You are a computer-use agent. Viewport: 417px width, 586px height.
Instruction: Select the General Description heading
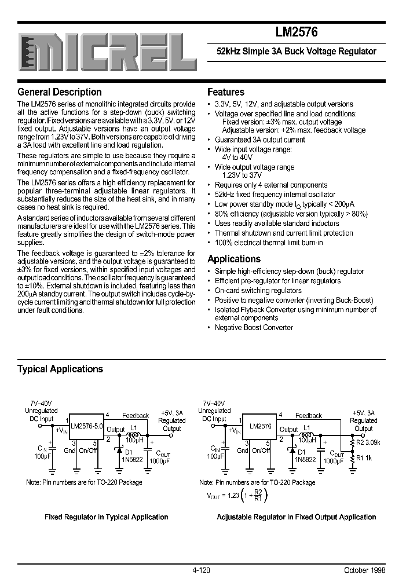point(60,92)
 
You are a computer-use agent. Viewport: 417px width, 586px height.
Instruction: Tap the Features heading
point(226,92)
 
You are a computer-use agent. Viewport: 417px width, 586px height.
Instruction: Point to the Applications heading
point(234,259)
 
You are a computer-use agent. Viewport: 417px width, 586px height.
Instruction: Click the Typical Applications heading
point(60,369)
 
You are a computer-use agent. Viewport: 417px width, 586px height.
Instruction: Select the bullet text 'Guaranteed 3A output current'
point(259,140)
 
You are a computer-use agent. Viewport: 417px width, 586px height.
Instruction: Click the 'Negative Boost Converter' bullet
point(254,327)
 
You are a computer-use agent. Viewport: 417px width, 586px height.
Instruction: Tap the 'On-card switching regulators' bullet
point(258,290)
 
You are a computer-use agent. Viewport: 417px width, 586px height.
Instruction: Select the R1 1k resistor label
point(364,457)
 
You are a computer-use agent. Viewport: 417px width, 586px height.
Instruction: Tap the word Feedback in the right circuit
point(308,415)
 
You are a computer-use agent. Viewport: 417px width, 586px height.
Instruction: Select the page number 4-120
point(201,570)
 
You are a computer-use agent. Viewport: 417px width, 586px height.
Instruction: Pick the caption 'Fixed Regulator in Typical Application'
point(107,517)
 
